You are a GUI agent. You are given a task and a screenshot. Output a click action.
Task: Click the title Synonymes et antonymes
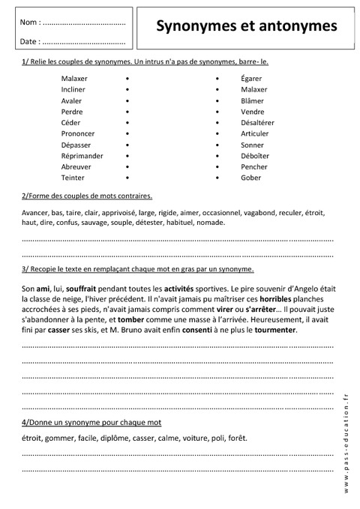[246, 26]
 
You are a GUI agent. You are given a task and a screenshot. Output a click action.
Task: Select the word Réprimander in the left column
[82, 155]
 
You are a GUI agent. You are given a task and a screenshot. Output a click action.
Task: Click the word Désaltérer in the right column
[257, 121]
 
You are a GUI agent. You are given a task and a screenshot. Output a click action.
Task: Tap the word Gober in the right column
[251, 178]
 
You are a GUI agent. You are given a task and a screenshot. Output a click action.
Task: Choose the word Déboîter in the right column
[255, 155]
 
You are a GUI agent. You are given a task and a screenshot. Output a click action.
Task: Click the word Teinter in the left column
[73, 178]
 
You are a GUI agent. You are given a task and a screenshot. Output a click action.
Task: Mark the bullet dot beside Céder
[128, 122]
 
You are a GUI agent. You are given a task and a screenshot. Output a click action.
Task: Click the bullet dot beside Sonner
[217, 144]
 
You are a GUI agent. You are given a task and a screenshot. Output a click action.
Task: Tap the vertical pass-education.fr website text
[346, 442]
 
